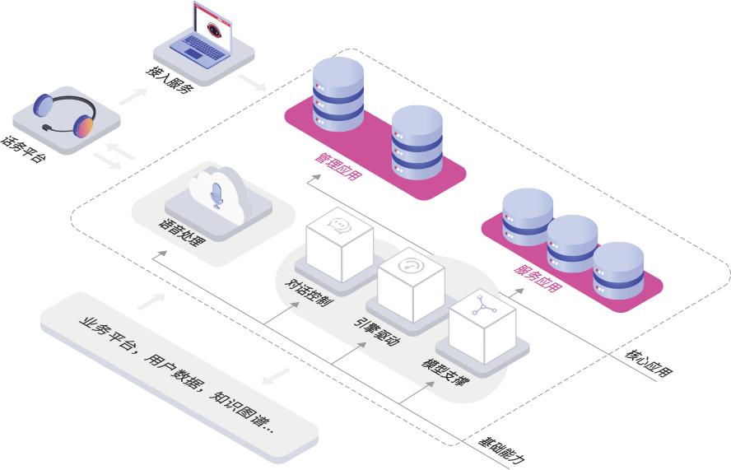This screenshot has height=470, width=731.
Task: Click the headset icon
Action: [65, 116]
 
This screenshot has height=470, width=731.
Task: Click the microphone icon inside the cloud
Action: [217, 195]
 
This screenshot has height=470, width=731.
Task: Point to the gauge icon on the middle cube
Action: [410, 266]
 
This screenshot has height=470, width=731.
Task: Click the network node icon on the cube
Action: [482, 309]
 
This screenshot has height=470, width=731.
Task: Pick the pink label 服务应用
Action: [538, 277]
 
